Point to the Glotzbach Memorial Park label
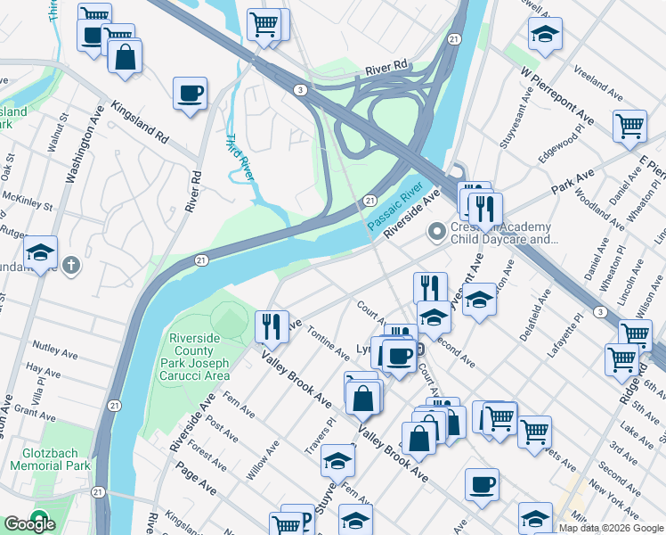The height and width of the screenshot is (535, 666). (x=51, y=459)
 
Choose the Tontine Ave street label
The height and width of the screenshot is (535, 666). (x=328, y=342)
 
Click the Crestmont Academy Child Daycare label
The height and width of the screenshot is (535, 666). (x=502, y=234)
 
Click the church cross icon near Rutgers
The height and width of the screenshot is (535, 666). (x=72, y=266)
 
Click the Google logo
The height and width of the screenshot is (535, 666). (x=29, y=524)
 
